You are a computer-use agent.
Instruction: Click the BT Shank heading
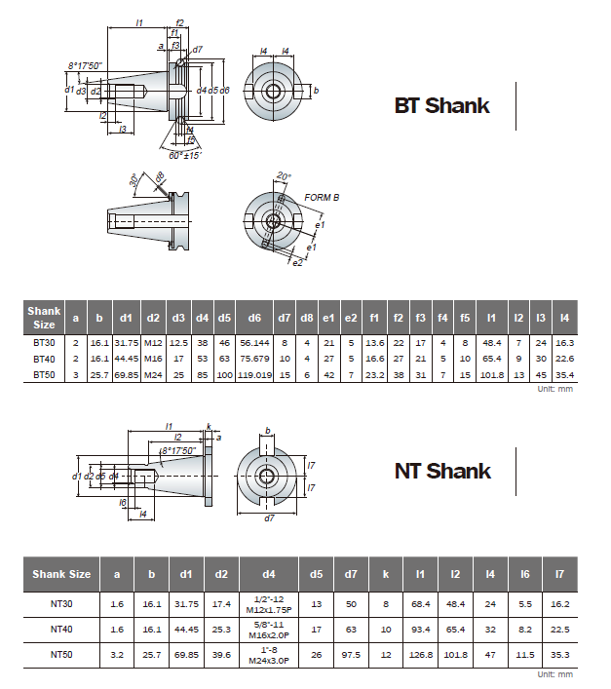(441, 106)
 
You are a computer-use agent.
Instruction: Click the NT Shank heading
(442, 471)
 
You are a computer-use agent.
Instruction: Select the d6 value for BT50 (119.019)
(254, 375)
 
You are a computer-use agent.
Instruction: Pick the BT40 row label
(44, 359)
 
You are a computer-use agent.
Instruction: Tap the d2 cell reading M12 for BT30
(153, 343)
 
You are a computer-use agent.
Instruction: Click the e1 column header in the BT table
(328, 318)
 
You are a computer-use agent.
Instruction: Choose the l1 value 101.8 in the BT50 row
(492, 375)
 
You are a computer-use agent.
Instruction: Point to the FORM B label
(322, 198)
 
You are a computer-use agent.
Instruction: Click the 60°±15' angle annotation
(185, 156)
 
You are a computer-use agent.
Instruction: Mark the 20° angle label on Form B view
(284, 176)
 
